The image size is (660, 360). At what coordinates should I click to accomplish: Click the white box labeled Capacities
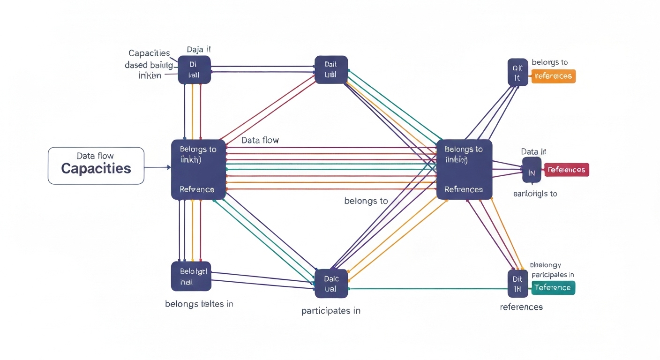pos(96,165)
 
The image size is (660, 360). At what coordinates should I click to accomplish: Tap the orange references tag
pos(553,76)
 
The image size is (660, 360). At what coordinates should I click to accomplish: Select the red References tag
pos(566,170)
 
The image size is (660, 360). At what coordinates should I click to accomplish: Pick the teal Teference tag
pos(553,287)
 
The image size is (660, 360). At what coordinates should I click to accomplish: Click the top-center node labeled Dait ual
pos(331,70)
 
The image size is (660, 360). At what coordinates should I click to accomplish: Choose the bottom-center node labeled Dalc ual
pos(331,284)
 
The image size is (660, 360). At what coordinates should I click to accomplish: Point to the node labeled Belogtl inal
pos(191,276)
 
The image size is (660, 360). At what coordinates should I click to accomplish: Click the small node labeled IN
pos(532,170)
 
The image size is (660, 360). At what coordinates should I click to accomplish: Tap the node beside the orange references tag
pos(517,72)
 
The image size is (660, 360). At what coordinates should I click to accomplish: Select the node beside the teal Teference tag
pos(517,284)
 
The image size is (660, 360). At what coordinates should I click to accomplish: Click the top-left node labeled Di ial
pos(194,70)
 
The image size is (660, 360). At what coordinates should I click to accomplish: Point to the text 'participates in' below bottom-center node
pos(331,310)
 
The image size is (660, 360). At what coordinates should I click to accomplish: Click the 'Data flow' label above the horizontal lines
pos(260,140)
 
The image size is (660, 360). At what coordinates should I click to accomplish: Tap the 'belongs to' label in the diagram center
pos(366,201)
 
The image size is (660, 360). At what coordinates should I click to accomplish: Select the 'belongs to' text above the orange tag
pos(549,62)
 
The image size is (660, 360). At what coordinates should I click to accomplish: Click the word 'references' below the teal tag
pos(521,307)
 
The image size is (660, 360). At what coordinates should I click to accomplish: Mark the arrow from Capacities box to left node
pos(157,167)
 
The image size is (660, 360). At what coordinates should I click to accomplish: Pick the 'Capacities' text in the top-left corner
pos(149,53)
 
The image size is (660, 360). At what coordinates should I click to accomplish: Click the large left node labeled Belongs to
pos(198,169)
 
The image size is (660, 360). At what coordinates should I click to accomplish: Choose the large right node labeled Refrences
pos(464,169)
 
